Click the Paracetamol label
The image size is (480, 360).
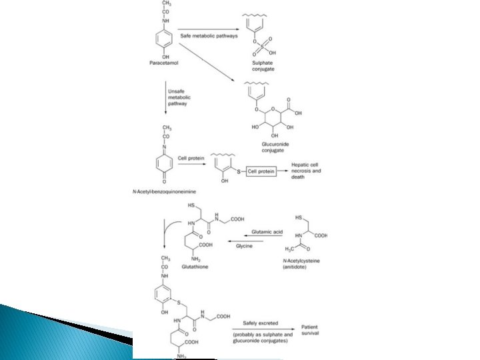pyautogui.click(x=163, y=63)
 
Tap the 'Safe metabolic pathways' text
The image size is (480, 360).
pyautogui.click(x=209, y=35)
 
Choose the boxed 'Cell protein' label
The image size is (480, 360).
pyautogui.click(x=261, y=171)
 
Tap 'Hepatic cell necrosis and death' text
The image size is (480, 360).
pyautogui.click(x=307, y=171)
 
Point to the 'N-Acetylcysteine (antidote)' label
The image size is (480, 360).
pyautogui.click(x=303, y=263)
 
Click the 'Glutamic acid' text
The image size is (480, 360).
pyautogui.click(x=266, y=232)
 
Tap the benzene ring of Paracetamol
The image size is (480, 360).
pyautogui.click(x=163, y=41)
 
